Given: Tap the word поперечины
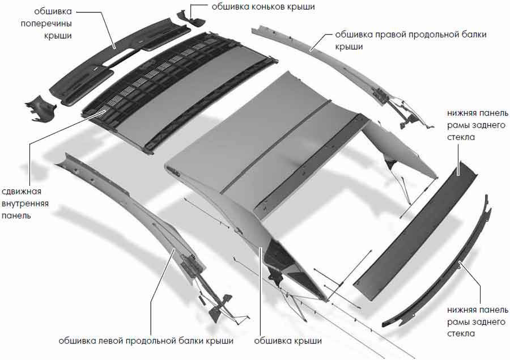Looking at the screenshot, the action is [x=46, y=24].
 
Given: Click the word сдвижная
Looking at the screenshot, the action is [x=22, y=192].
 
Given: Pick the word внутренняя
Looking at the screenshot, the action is [x=25, y=204].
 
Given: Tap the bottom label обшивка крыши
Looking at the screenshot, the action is [x=288, y=341].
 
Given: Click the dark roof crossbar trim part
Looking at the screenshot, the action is [x=120, y=60].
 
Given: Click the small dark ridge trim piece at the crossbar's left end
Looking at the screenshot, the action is [x=40, y=108].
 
